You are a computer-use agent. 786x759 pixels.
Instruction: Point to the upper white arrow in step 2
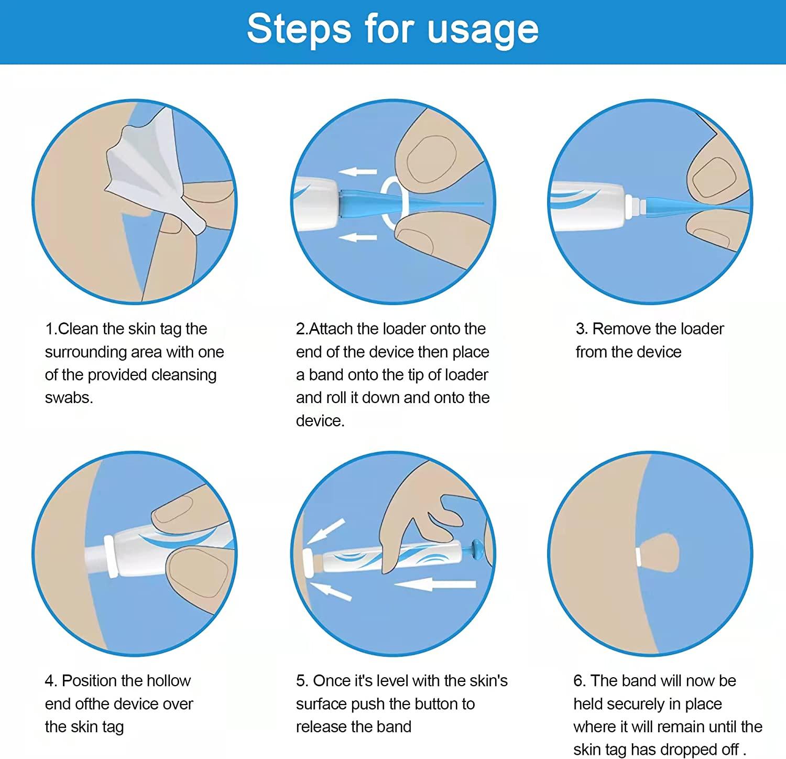[x=357, y=171]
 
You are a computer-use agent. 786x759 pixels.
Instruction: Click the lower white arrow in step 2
[x=357, y=238]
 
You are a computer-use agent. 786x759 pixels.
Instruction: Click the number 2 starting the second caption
[x=300, y=329]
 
